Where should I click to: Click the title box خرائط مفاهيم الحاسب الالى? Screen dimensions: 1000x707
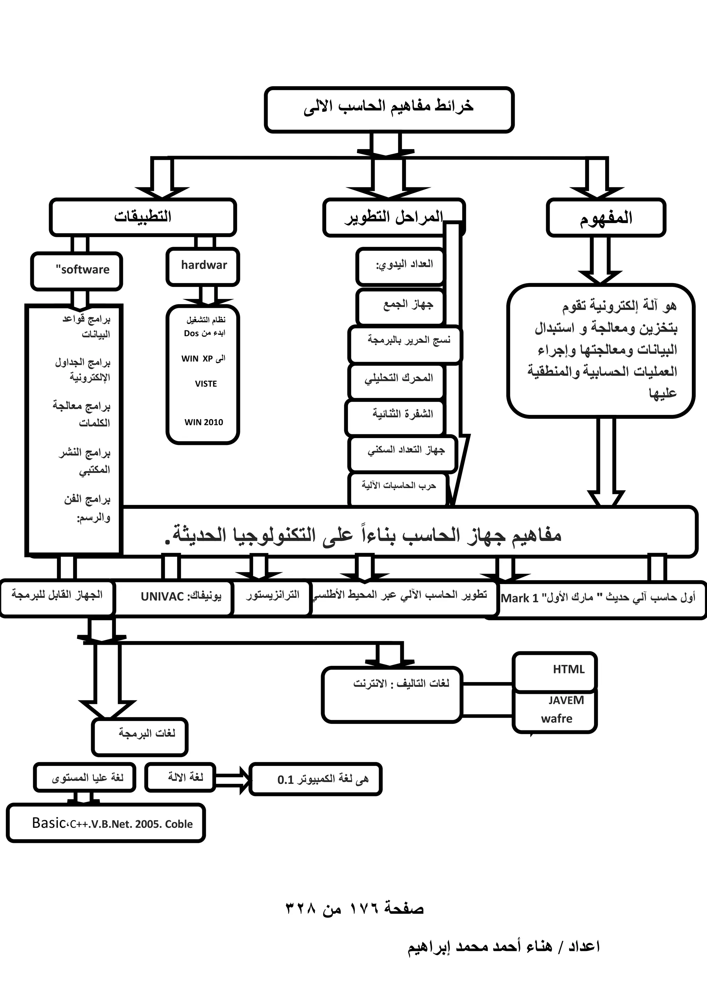point(389,109)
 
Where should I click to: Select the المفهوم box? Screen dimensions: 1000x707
point(606,217)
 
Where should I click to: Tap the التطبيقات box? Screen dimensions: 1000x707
point(143,217)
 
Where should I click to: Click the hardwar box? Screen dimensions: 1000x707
point(203,266)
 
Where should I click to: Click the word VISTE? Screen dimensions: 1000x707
point(206,384)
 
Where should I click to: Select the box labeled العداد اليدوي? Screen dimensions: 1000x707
point(399,266)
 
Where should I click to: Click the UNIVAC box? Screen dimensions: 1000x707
point(173,597)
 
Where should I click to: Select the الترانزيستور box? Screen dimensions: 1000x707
point(272,597)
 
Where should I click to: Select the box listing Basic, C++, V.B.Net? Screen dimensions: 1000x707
point(106,824)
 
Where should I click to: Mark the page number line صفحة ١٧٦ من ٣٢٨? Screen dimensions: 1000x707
point(354,909)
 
